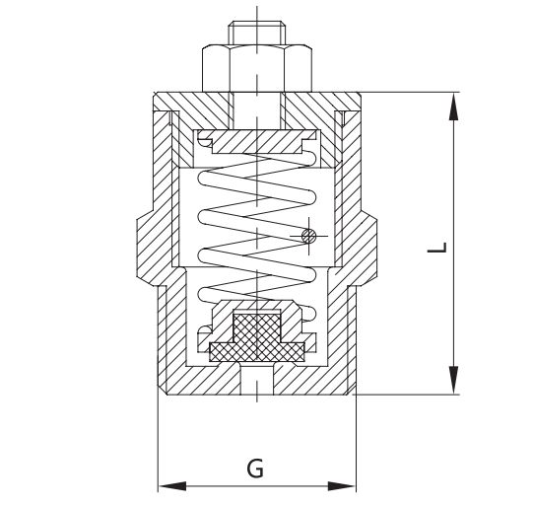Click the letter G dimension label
point(254,468)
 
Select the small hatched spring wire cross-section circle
point(308,235)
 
